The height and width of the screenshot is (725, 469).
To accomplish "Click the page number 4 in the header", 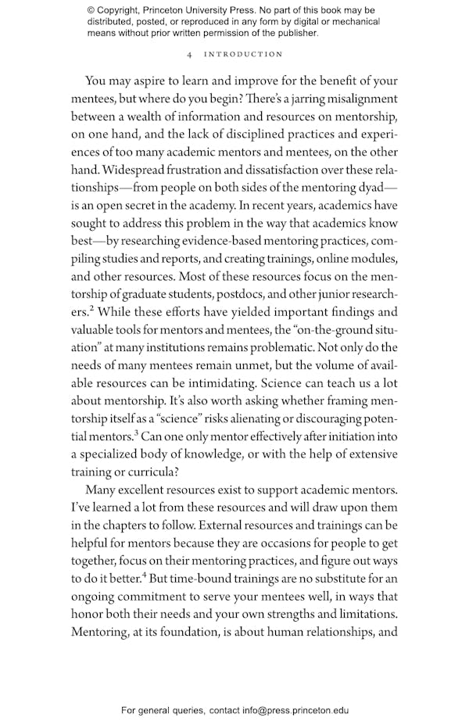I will click(190, 54).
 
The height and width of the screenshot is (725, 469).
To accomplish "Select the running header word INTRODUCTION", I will click(243, 54).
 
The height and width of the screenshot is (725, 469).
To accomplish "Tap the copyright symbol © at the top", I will click(91, 10).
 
